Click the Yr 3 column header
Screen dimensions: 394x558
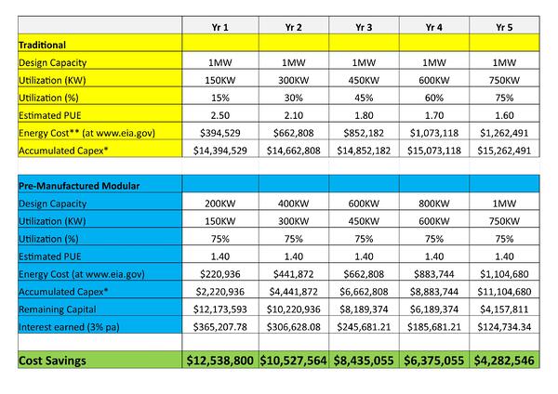pos(364,27)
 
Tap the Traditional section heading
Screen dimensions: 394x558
pos(44,44)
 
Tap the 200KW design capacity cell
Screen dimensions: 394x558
pos(220,204)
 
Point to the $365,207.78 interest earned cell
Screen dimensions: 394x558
pos(220,328)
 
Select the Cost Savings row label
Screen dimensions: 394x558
pos(58,359)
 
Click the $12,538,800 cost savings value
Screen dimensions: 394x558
pos(220,359)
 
